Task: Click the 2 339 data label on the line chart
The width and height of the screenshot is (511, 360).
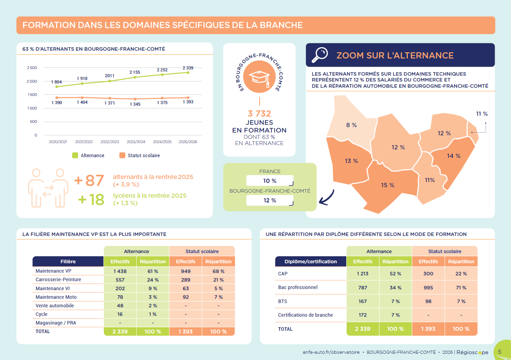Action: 188,68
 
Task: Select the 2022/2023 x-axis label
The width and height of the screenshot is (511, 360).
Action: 110,142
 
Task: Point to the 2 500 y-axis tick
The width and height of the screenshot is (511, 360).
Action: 32,68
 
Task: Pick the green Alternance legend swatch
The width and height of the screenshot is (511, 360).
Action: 75,155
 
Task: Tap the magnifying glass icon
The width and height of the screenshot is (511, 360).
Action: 319,55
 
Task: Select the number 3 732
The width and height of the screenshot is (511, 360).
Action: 259,113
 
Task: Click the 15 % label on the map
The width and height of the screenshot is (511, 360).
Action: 388,185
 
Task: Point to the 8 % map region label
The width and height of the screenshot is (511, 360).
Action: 351,125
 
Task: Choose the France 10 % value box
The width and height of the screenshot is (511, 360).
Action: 269,181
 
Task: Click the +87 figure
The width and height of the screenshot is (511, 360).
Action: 89,181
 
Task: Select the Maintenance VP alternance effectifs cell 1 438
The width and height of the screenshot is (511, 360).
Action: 120,271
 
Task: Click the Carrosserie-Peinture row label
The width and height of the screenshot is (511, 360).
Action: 58,280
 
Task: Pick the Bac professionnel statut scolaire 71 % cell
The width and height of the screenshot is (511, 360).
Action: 461,287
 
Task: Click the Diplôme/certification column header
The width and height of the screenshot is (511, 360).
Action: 311,261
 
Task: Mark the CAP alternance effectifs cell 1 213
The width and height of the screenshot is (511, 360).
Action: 362,273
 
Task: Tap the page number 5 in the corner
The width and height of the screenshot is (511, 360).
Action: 500,351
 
